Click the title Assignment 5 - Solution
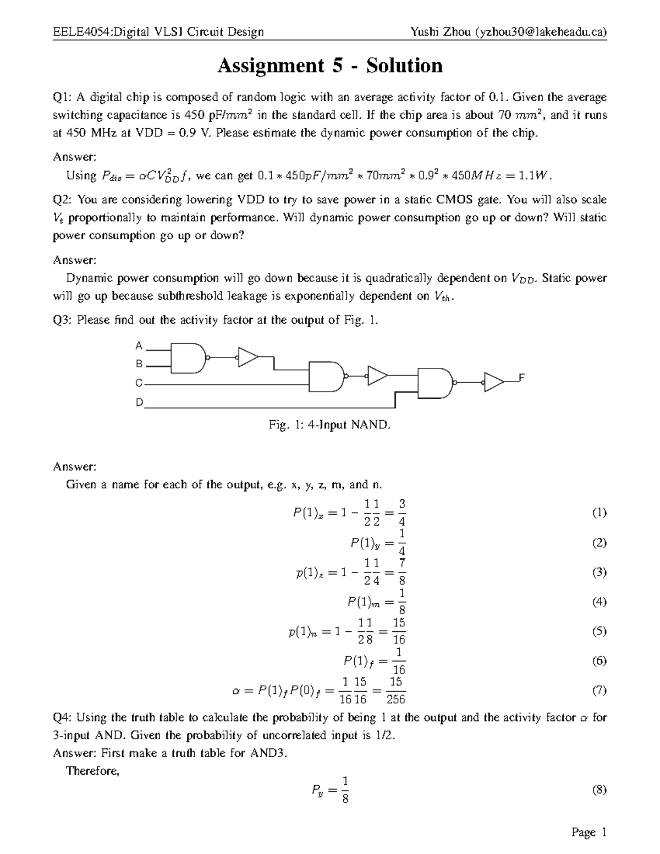click(330, 66)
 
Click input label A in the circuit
click(139, 346)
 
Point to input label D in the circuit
click(139, 403)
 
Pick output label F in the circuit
click(522, 377)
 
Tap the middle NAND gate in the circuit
click(327, 377)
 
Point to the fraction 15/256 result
click(395, 691)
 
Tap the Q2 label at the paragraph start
click(61, 200)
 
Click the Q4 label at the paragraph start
click(61, 718)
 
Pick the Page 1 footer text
click(588, 833)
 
